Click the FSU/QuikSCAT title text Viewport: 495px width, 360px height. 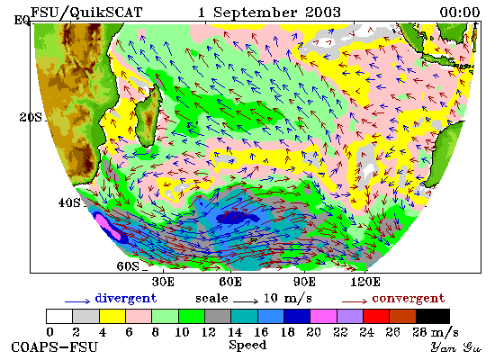[x=86, y=13]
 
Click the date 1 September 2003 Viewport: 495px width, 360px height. [x=269, y=13]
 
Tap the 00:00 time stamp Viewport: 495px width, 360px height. [x=460, y=13]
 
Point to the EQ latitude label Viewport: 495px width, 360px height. [x=22, y=21]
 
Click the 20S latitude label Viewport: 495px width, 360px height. [x=31, y=117]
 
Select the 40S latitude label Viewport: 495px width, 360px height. [x=69, y=202]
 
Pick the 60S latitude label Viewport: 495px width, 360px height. [x=128, y=266]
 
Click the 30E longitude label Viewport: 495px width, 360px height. [x=163, y=282]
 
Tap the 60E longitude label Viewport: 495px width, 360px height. [x=230, y=282]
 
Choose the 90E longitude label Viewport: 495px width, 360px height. [x=304, y=282]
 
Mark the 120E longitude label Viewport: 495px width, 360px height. [x=365, y=282]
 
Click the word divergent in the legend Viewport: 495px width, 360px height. [x=126, y=299]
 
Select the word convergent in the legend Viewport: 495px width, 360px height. [x=409, y=299]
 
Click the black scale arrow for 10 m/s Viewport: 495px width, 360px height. [x=246, y=301]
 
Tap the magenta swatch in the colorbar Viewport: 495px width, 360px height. [x=323, y=317]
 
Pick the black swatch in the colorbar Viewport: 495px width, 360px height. [x=433, y=317]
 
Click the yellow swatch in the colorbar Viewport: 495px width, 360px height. [x=112, y=317]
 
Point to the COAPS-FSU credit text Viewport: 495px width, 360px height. [x=54, y=347]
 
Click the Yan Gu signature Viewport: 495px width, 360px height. [x=456, y=347]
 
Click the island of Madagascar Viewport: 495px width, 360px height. [x=148, y=116]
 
